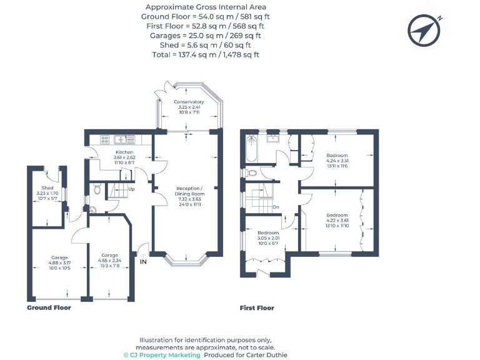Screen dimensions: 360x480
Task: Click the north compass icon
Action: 425,29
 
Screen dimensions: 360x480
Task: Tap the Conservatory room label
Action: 189,102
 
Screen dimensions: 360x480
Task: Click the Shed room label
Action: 47,188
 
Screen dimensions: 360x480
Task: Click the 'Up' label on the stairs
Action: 131,189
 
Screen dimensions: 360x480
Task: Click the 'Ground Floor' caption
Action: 49,308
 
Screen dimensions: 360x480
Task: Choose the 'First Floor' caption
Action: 257,308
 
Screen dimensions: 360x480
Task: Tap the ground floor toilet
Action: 97,187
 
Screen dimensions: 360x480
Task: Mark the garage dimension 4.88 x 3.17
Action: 59,262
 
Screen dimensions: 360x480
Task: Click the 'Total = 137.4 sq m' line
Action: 207,55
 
